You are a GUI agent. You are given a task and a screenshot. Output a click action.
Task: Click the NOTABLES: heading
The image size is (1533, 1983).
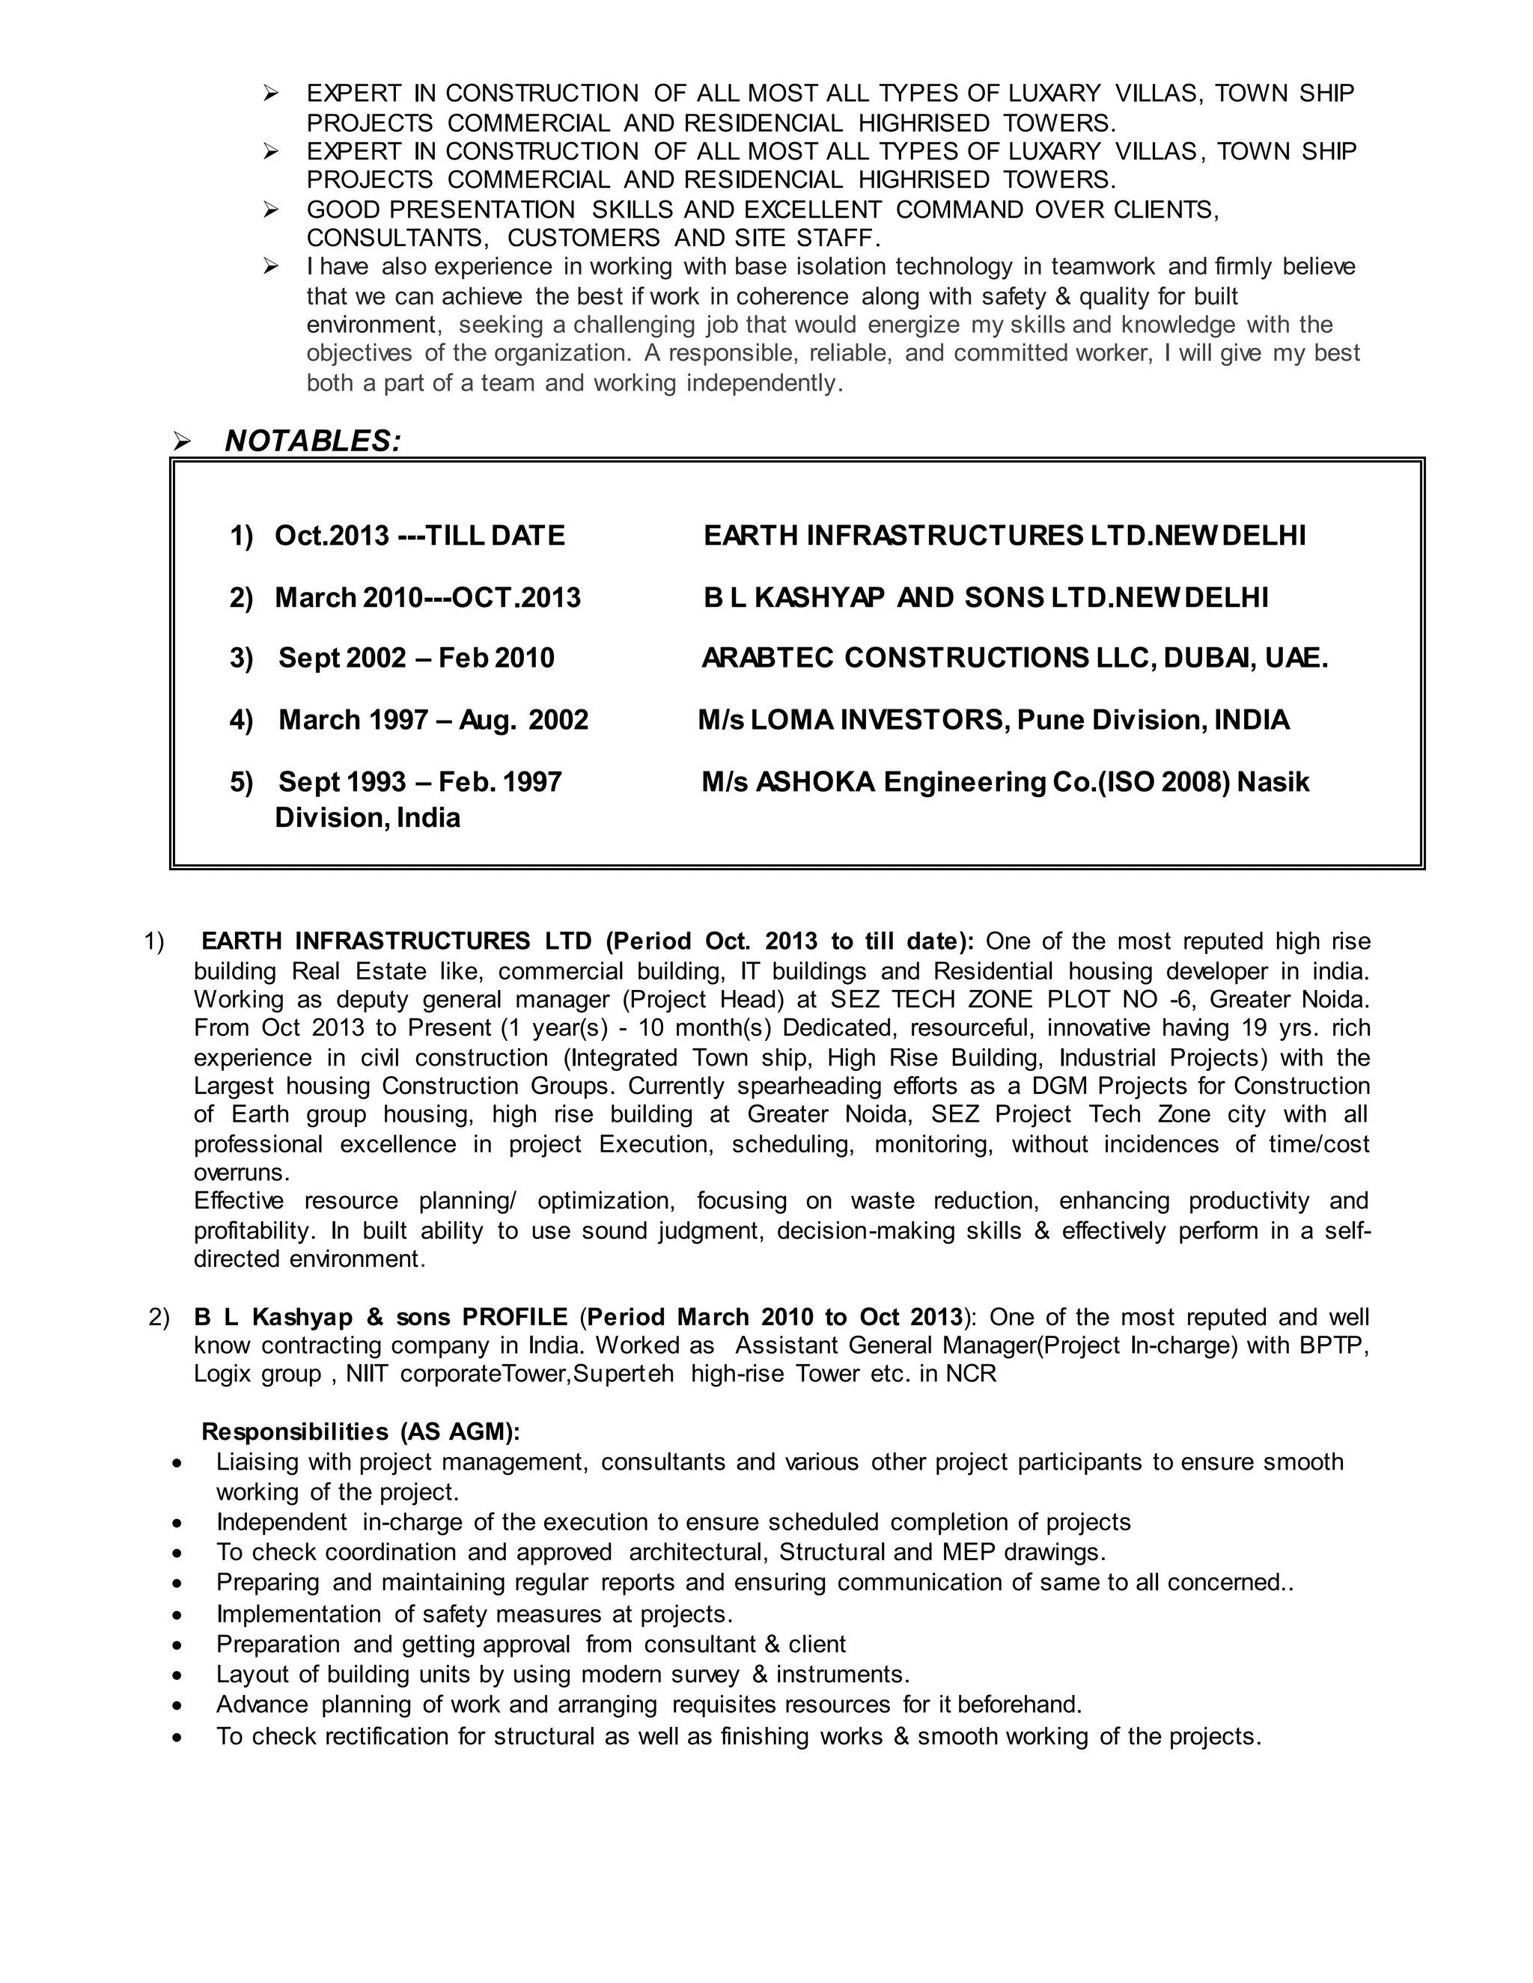312,441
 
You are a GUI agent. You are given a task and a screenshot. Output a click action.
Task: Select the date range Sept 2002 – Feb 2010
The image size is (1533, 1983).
416,659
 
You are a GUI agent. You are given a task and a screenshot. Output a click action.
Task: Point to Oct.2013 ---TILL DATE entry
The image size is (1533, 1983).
420,536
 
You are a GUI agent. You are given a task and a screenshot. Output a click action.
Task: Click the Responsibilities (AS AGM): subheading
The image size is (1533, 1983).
361,1432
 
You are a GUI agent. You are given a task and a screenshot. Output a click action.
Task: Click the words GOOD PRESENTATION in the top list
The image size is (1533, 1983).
440,210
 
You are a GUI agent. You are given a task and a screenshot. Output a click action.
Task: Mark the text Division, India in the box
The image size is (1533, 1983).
367,818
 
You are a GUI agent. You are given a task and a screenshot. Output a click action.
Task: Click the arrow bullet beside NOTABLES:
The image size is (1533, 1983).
182,442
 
